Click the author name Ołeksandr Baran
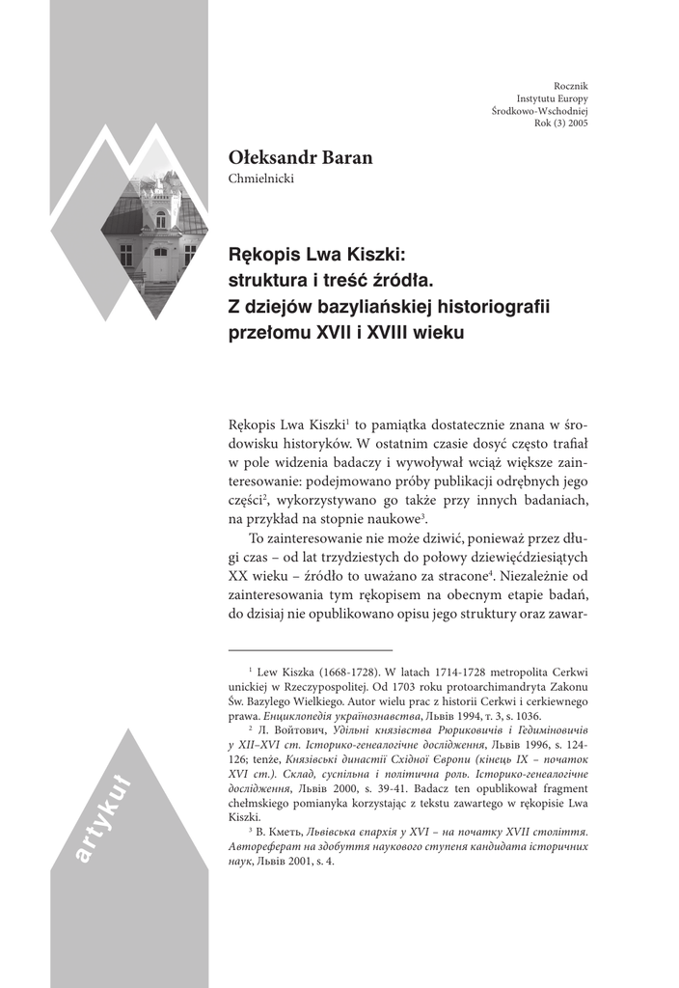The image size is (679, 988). pyautogui.click(x=299, y=157)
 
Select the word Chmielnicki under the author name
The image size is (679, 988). pyautogui.click(x=260, y=178)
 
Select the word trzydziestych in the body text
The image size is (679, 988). pyautogui.click(x=362, y=557)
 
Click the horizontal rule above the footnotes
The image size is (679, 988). pyautogui.click(x=310, y=650)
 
